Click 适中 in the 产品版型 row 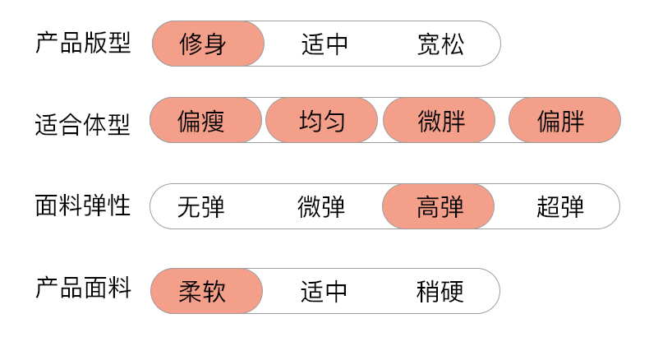pos(324,44)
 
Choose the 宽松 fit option pos(440,44)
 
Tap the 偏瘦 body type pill pos(201,122)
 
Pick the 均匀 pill pos(321,122)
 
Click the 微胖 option pos(440,122)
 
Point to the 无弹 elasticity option pos(201,206)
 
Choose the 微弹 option pos(321,206)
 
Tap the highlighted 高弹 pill pos(440,206)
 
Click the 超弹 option pos(560,206)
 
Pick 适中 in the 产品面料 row pos(324,291)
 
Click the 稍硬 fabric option pos(440,291)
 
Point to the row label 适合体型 pos(82,125)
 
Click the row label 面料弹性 pos(82,205)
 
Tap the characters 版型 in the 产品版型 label pos(107,42)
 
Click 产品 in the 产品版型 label pos(58,42)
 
